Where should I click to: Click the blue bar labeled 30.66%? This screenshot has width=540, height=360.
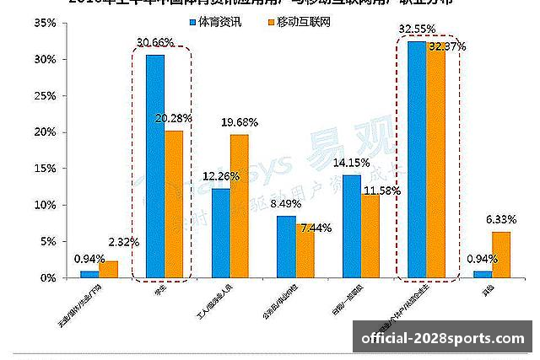[x=155, y=166]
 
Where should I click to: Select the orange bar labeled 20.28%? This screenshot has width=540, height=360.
[x=174, y=204]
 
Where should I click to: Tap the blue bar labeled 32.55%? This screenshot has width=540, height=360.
[x=417, y=159]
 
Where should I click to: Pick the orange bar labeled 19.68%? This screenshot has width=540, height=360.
[x=240, y=206]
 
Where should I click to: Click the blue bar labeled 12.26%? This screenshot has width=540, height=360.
[x=220, y=233]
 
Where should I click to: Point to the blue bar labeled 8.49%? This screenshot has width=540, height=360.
[x=286, y=246]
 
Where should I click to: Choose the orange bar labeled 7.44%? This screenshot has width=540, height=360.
[x=305, y=250]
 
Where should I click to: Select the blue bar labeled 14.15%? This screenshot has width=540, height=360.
[x=352, y=226]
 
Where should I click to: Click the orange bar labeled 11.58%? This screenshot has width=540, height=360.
[x=370, y=235]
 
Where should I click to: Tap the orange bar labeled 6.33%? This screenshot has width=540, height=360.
[x=501, y=255]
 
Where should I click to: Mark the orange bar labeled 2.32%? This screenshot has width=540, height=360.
[x=108, y=269]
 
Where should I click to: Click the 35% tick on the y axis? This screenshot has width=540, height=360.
[x=45, y=23]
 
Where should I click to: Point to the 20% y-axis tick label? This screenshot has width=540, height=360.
[x=45, y=132]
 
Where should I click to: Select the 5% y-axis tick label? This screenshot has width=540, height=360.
[x=48, y=241]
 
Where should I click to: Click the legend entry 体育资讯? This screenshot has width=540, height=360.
[x=215, y=22]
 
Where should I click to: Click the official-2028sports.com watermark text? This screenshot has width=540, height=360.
[x=443, y=339]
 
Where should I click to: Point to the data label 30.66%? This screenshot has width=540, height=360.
[x=156, y=43]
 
